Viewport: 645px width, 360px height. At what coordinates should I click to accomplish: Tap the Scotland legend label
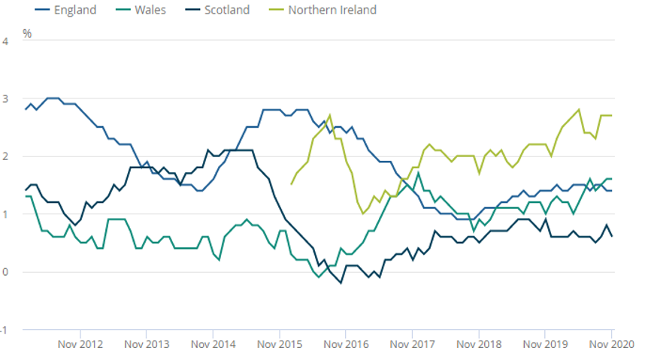[x=226, y=11]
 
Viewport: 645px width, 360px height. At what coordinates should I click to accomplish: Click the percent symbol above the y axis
[x=27, y=34]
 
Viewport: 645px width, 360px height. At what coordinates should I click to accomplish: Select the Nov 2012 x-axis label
[x=79, y=345]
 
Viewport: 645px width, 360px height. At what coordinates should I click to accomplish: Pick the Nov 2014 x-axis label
[x=212, y=345]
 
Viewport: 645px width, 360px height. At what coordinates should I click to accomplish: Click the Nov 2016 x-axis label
[x=345, y=345]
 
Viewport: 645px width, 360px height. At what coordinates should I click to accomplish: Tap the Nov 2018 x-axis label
[x=478, y=345]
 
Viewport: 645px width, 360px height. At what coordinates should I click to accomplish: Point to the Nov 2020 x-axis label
[x=610, y=345]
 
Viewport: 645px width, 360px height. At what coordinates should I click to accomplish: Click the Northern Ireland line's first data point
[x=291, y=184]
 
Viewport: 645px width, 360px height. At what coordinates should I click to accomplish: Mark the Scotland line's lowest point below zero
[x=341, y=283]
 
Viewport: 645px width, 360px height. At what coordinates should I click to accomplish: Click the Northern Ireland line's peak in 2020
[x=579, y=110]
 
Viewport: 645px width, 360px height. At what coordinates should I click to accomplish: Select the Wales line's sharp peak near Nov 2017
[x=418, y=173]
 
